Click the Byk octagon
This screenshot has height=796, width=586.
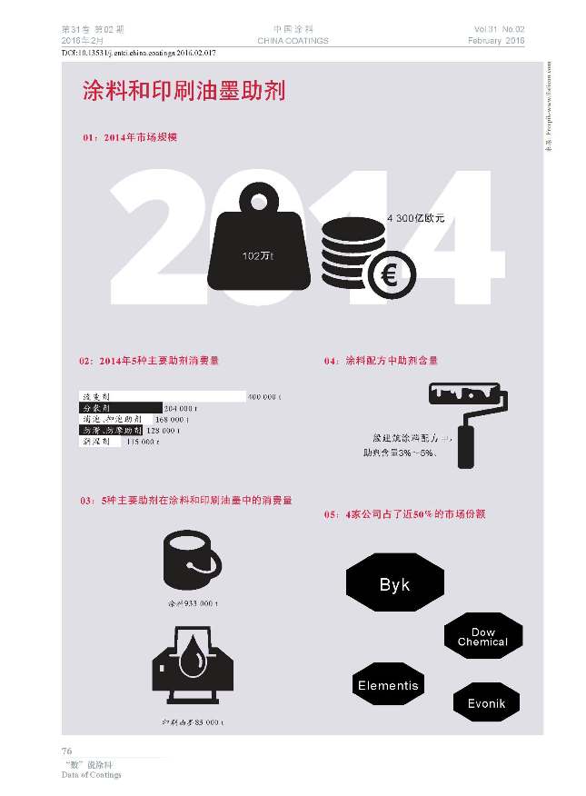tap(394, 585)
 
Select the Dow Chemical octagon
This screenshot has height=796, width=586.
tap(482, 636)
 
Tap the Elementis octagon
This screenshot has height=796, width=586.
tap(388, 685)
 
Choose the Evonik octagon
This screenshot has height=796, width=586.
tap(485, 703)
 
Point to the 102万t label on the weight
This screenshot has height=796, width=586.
tap(257, 256)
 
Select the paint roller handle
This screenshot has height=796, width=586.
tap(464, 446)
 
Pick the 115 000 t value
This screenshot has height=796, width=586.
tap(143, 442)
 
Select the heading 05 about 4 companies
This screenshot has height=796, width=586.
tap(391, 514)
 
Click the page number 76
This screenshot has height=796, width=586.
tap(66, 751)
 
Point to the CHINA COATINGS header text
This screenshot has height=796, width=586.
tap(293, 41)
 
